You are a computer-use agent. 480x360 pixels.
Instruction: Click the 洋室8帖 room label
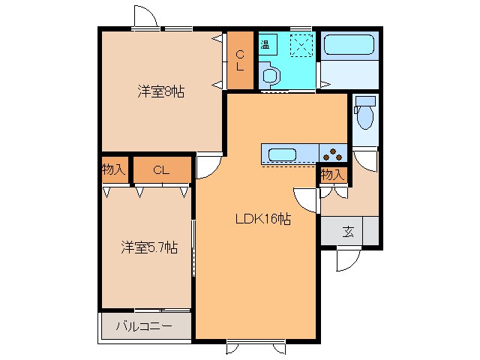tap(160, 92)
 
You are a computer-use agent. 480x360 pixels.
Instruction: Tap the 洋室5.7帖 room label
tap(150, 247)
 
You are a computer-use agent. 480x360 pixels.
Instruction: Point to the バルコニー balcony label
tap(144, 327)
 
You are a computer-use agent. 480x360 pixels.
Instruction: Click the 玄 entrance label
tap(348, 231)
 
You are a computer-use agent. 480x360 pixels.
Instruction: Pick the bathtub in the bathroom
tap(348, 46)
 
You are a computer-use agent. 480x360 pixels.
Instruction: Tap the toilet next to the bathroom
tap(365, 114)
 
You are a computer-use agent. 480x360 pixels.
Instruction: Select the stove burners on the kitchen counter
tap(334, 154)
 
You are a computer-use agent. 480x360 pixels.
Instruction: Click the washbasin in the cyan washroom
tap(270, 73)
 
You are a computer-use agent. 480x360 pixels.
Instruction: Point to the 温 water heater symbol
tap(265, 43)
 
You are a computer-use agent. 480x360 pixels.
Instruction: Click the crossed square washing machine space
tap(300, 44)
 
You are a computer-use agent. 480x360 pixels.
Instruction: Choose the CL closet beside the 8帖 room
tap(240, 60)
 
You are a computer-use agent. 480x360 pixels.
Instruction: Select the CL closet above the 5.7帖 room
tap(161, 170)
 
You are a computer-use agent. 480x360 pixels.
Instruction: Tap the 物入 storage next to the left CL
tap(114, 170)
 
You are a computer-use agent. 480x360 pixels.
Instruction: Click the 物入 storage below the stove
tap(333, 175)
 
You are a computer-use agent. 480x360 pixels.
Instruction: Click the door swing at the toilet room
tap(365, 160)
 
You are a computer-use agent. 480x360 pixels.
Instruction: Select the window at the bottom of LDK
tap(256, 346)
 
